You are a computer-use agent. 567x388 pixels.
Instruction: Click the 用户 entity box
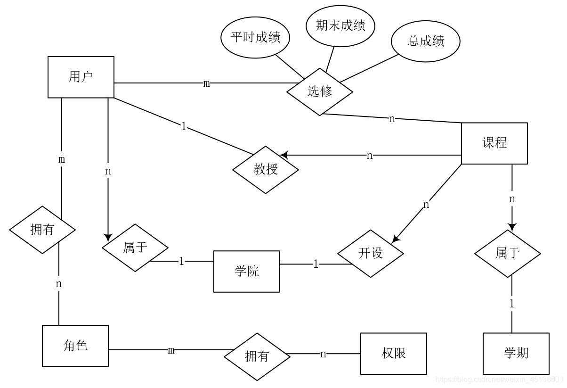(x=81, y=77)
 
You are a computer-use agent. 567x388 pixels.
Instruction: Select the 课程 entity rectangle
(x=494, y=143)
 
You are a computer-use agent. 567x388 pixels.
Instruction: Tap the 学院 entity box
(x=246, y=271)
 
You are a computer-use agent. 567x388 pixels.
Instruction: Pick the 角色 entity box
(x=75, y=346)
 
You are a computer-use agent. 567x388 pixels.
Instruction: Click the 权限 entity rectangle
(x=393, y=353)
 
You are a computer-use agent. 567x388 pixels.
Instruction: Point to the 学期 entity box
(x=516, y=353)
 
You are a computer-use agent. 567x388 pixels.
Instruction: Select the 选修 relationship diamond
(x=320, y=91)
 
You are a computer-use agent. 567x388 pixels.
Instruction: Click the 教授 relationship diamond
(x=266, y=169)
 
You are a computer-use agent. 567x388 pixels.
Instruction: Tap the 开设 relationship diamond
(x=371, y=253)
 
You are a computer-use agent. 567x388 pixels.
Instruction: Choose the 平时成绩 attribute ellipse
(x=255, y=37)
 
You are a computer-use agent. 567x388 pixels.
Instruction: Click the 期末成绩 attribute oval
(x=340, y=25)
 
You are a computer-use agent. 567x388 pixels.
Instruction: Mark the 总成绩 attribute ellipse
(x=425, y=41)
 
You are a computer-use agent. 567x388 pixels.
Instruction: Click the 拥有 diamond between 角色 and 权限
(x=257, y=356)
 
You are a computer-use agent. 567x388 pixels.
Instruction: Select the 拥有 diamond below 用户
(x=42, y=230)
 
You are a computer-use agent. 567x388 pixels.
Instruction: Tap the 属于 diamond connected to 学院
(x=135, y=248)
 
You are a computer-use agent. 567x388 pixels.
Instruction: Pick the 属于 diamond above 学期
(x=507, y=253)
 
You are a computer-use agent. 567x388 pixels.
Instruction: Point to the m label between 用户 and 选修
(x=207, y=83)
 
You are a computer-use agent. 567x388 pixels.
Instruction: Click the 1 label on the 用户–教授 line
(x=184, y=126)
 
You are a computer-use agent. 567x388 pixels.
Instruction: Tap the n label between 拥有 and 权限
(x=323, y=354)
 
